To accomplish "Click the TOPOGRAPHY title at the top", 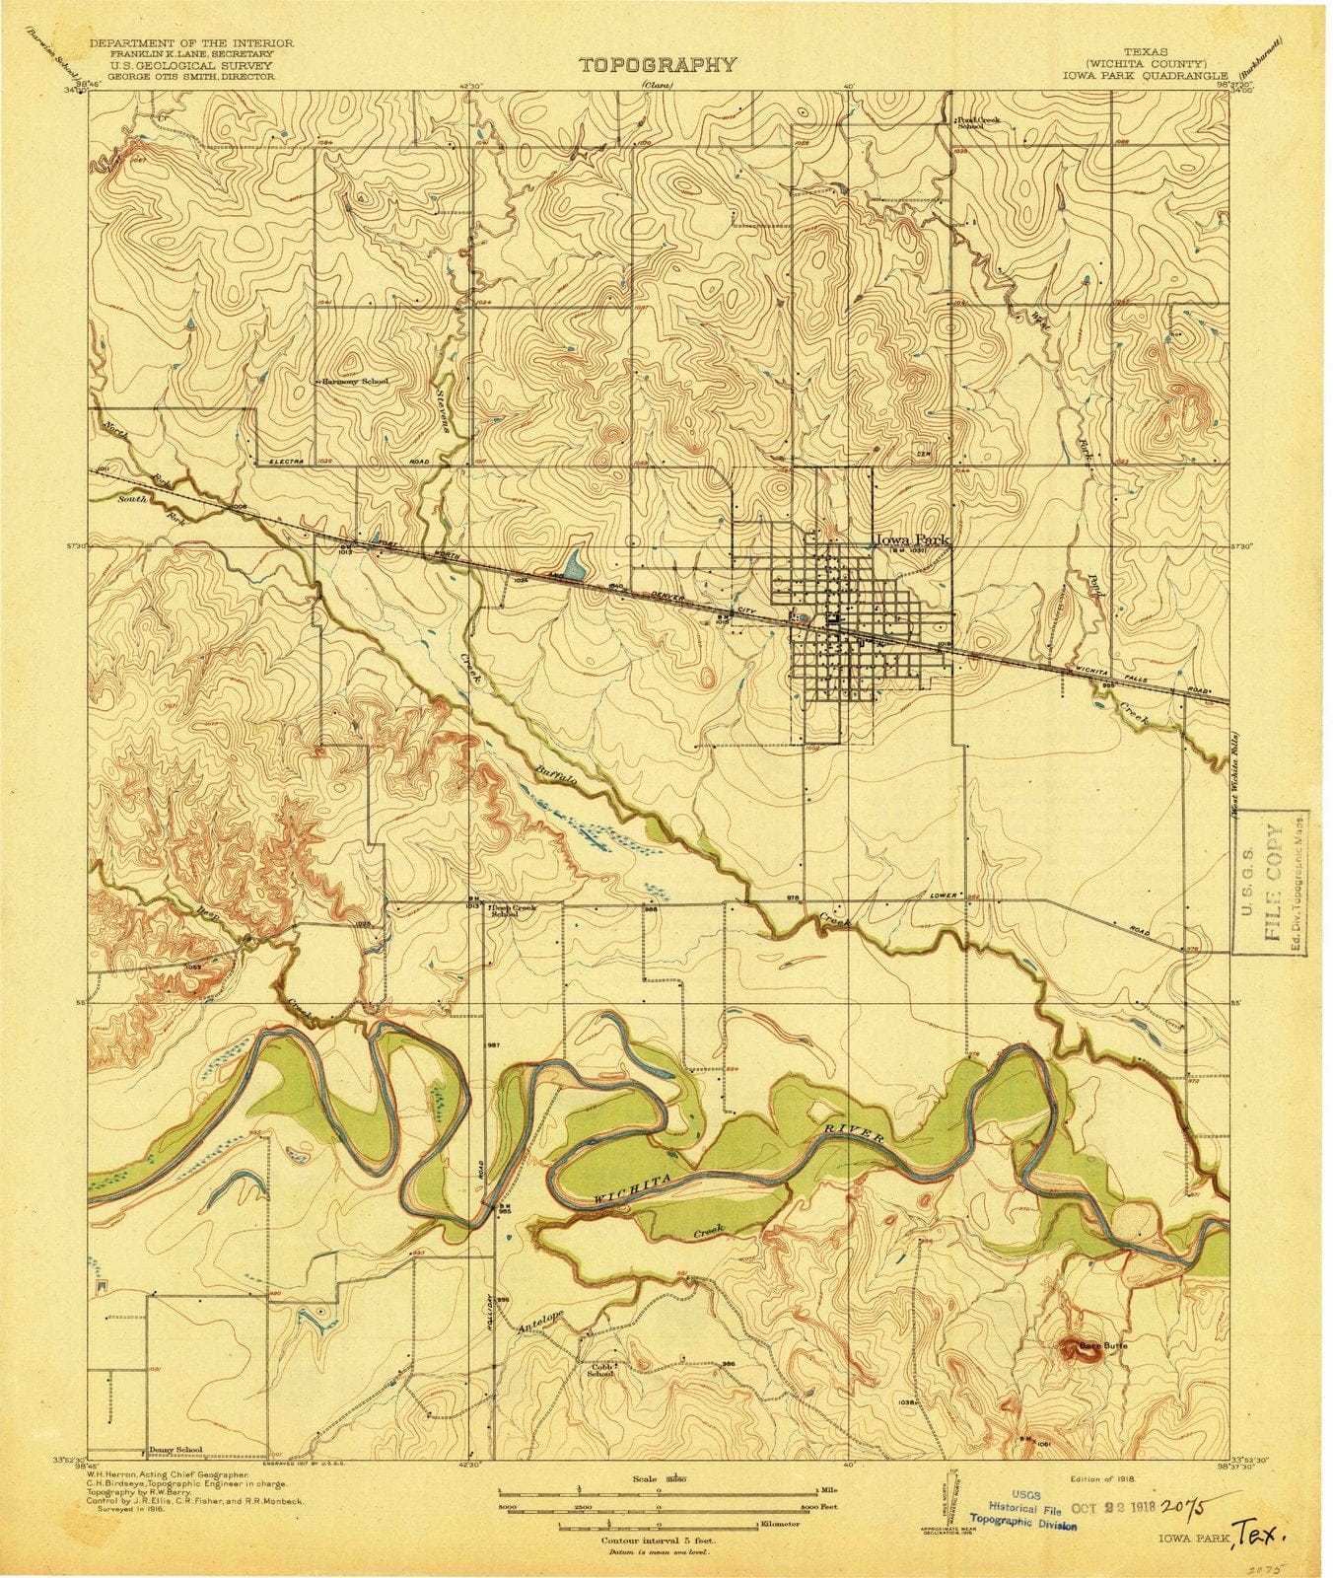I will click(x=657, y=65).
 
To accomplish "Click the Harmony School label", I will click(x=356, y=381).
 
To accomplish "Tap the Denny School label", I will click(x=175, y=1450).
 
